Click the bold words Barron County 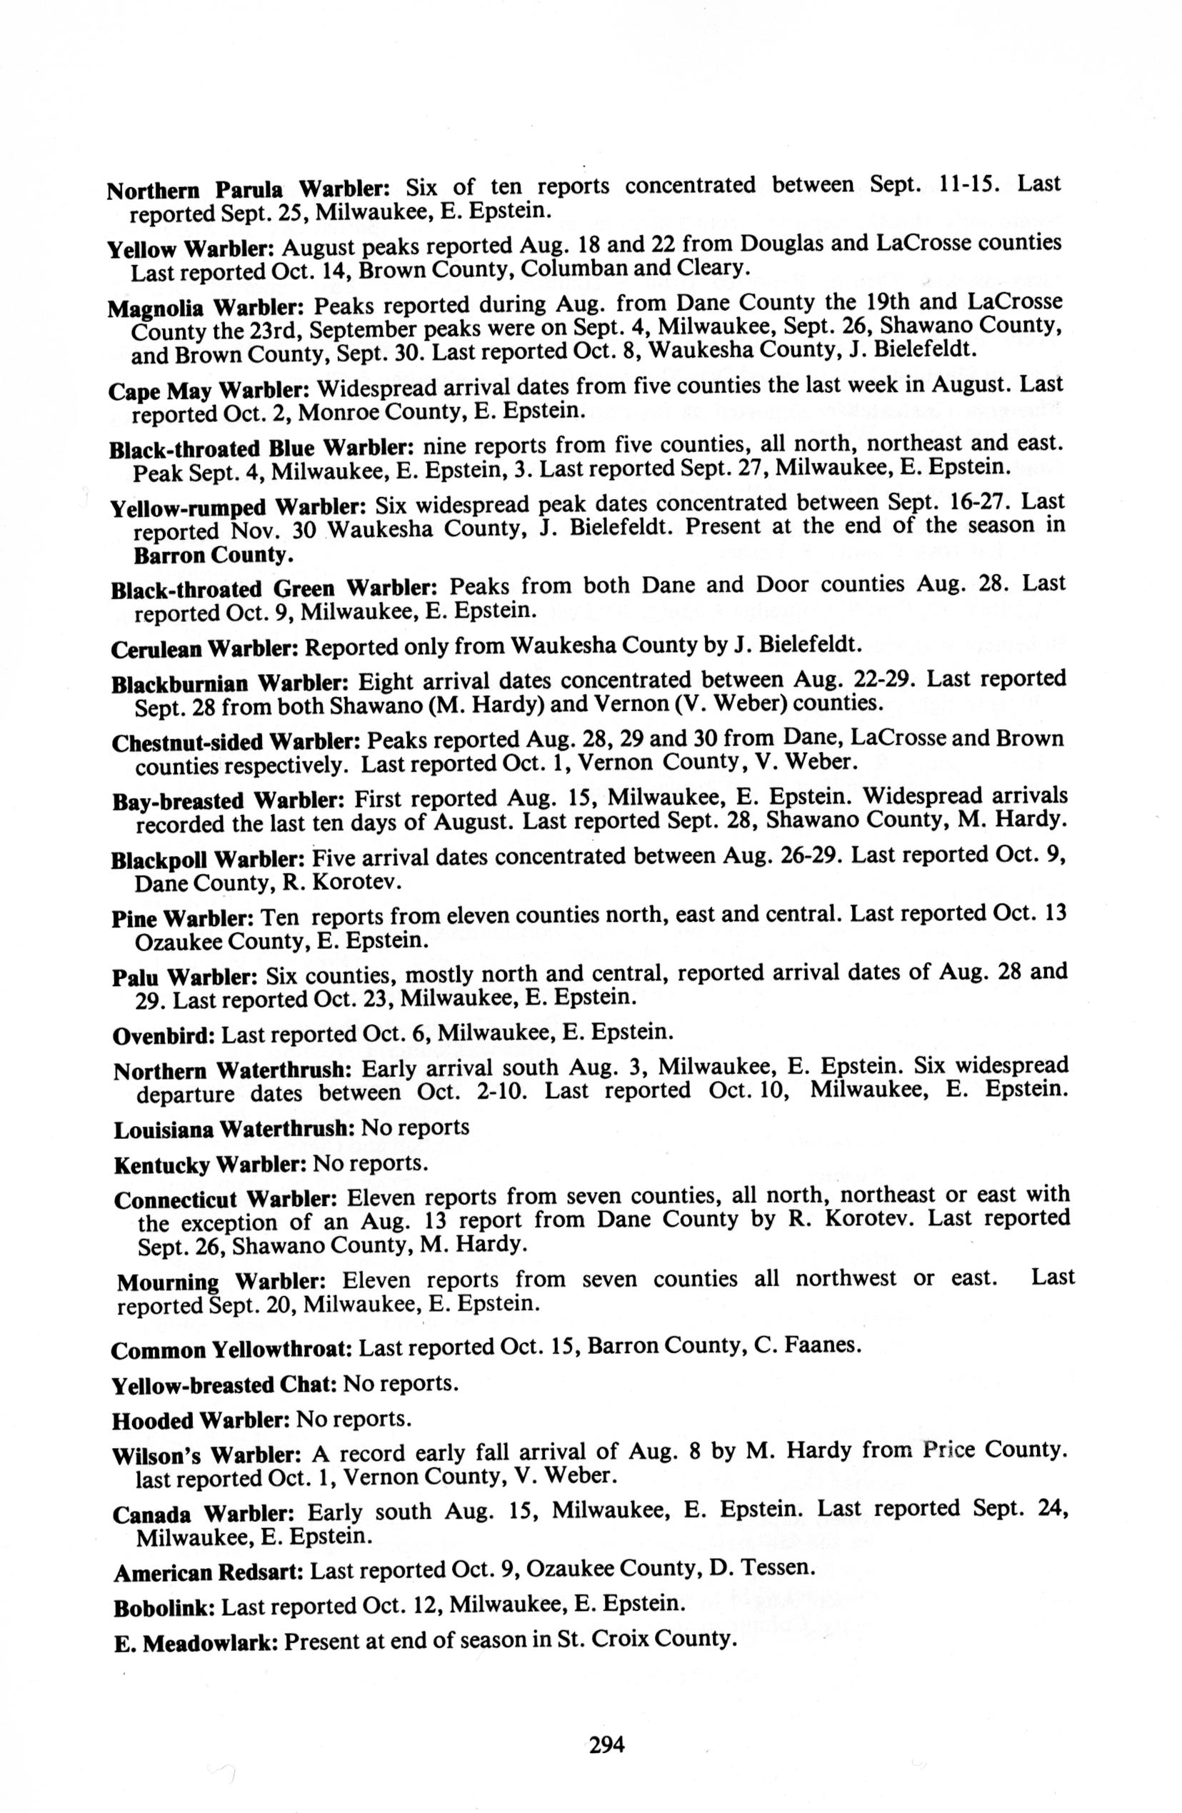pos(214,556)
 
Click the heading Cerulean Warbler pos(206,648)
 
